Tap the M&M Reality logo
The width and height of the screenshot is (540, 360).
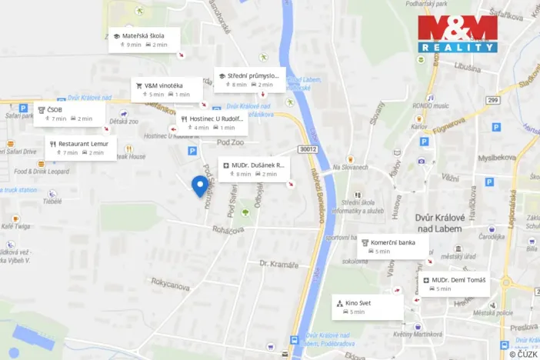click(x=457, y=34)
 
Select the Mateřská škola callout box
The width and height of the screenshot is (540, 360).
click(x=145, y=39)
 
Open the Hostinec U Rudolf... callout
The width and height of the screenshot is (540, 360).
click(x=212, y=123)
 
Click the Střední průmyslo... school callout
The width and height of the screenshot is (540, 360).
click(x=249, y=80)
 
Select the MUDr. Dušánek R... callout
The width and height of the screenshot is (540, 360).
click(x=254, y=169)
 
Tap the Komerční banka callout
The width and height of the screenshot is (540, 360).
click(x=392, y=247)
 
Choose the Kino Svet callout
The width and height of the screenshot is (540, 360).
click(x=367, y=308)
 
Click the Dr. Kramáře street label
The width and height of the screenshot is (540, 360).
click(x=278, y=265)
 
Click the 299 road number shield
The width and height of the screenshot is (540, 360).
click(x=493, y=100)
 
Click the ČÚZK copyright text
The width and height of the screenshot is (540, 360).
click(x=523, y=354)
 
